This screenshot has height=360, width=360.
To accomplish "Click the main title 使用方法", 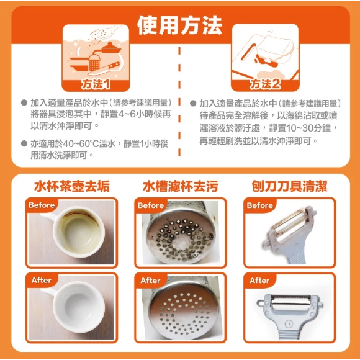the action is tap(179, 25).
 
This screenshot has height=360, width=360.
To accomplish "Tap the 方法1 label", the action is tap(96, 84).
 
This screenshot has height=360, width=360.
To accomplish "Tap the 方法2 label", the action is tap(265, 84).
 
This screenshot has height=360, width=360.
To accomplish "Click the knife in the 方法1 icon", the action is tap(104, 68).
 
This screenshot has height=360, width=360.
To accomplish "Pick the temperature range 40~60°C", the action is tap(81, 144).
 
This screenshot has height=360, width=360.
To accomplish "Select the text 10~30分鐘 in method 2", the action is tap(308, 128).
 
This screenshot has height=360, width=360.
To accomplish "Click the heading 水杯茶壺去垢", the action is tap(71, 186).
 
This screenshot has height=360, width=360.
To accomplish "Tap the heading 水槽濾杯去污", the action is tap(181, 186).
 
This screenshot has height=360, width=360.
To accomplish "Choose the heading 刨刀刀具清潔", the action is tap(289, 186).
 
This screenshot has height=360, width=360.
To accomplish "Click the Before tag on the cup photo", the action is tap(42, 205).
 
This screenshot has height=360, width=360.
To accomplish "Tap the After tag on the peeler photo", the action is tap(259, 281).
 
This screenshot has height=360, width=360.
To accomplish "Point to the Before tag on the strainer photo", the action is tap(151, 205).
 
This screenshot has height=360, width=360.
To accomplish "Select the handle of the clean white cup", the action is tap(48, 291).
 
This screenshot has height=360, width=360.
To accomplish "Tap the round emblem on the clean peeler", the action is tap(289, 324).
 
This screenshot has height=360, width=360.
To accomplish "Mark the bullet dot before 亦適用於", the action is tap(24, 144).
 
